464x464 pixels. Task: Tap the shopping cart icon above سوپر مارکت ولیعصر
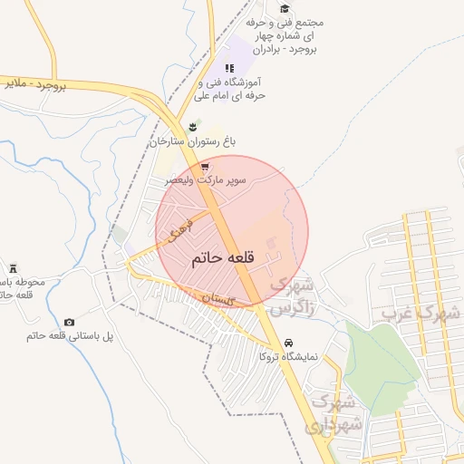(206, 168)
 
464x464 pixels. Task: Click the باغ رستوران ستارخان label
(192, 142)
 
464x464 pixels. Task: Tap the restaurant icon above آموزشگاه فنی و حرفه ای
(229, 68)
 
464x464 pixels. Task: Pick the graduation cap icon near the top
(285, 9)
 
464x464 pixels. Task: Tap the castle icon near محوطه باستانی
(13, 267)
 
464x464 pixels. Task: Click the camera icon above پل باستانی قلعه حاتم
(70, 323)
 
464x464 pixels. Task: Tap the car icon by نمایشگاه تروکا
(288, 343)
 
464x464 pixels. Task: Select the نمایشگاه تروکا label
(288, 357)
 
